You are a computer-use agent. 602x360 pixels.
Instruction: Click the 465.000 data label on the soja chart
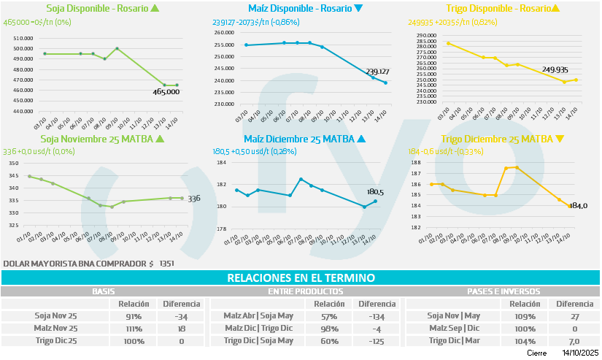(x=166, y=92)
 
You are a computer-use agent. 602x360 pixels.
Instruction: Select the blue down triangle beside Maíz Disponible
(x=358, y=9)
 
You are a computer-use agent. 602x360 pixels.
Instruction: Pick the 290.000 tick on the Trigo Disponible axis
(x=425, y=35)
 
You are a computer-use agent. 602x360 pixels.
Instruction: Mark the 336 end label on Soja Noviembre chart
(x=194, y=198)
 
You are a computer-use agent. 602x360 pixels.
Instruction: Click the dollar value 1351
(x=167, y=263)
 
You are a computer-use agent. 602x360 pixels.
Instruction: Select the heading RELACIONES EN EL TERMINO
(x=301, y=278)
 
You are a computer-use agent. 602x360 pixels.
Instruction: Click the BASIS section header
(x=102, y=291)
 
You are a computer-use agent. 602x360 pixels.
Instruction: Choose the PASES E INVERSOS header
(x=502, y=291)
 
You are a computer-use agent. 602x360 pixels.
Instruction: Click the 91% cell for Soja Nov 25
(x=134, y=316)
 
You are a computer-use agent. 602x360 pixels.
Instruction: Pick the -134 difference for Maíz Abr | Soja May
(x=377, y=316)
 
